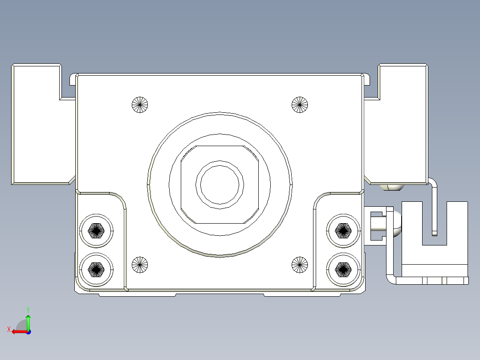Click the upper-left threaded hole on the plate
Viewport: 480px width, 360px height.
click(140, 105)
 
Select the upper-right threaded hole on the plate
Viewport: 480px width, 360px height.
click(300, 105)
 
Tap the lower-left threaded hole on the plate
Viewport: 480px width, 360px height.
click(140, 265)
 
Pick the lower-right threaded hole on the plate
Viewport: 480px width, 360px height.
click(300, 265)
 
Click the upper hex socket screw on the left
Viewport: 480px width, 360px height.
click(96, 231)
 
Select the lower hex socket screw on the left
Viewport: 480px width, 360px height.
click(96, 269)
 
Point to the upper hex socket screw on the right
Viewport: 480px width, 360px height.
click(343, 230)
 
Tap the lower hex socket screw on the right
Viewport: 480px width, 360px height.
click(343, 269)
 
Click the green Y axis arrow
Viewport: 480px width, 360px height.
click(28, 321)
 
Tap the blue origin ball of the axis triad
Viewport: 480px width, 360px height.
click(28, 331)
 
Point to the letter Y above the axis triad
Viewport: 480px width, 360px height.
click(28, 309)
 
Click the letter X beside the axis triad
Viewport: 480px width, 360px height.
click(8, 329)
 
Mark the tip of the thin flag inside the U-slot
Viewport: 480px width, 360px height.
click(435, 233)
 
